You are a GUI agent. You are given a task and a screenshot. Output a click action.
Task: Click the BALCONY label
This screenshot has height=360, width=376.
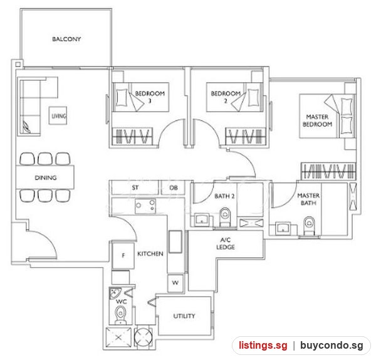point(66,39)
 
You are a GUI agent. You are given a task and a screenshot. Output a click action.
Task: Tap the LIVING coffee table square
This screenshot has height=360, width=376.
point(58,115)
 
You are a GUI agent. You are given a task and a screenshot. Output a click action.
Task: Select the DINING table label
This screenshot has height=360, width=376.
point(46,177)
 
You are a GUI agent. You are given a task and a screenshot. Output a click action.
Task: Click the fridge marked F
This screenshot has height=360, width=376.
point(123,256)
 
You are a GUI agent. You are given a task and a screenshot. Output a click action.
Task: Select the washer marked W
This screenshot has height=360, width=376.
point(175,283)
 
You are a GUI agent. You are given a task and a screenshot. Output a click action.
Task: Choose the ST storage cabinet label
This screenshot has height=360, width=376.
point(135,188)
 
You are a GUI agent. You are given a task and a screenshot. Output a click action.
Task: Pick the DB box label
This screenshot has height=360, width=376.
point(174,188)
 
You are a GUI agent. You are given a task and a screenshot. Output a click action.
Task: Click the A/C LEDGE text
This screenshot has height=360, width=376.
point(226,243)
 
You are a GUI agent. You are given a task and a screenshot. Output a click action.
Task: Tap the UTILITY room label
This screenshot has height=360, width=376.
point(184,316)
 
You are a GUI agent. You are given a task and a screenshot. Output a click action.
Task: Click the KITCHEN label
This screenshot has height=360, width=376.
point(150,253)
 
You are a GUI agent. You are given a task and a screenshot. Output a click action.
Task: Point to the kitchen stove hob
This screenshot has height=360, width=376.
point(145,206)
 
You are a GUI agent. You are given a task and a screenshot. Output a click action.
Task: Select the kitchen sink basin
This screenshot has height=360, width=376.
point(175,241)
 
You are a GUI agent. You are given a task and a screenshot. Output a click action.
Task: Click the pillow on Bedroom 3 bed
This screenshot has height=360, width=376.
point(122,97)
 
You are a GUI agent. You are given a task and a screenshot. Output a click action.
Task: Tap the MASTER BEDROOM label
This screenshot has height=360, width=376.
point(317,120)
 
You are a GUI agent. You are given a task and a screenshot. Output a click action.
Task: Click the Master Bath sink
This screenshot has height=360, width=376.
point(283,228)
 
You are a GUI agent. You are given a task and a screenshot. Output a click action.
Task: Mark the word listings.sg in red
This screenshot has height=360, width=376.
point(263,346)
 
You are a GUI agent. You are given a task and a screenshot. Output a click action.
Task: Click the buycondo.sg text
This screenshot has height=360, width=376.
point(332,346)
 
